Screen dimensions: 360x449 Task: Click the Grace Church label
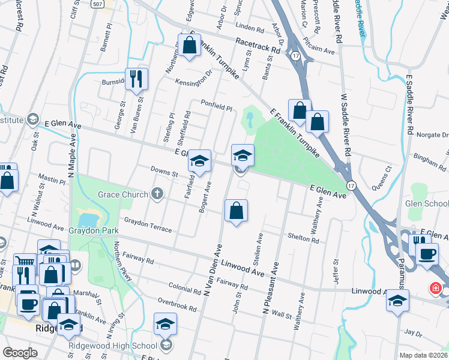[x=123, y=194]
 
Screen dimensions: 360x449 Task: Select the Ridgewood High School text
[x=112, y=345]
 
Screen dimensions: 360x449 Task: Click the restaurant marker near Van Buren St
[x=136, y=79]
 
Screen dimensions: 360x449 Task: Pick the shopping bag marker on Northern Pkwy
[x=189, y=46]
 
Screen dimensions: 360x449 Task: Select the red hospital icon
[x=435, y=289]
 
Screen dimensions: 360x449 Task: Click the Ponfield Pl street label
[x=216, y=105]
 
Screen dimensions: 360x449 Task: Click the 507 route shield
[x=99, y=4]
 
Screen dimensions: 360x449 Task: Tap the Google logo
[x=20, y=353]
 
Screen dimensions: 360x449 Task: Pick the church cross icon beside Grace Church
[x=157, y=193]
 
